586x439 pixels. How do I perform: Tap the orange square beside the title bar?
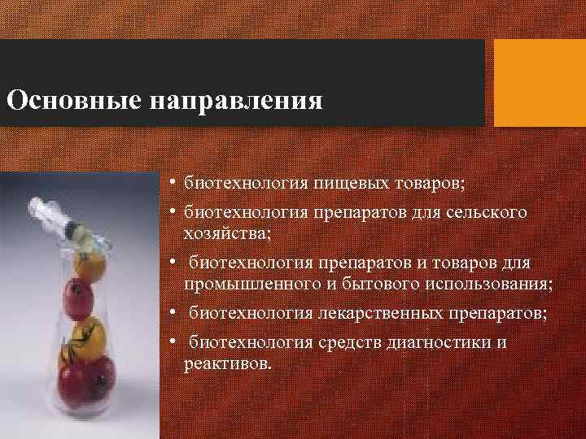pyautogui.click(x=540, y=84)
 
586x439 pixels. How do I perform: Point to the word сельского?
pyautogui.click(x=488, y=213)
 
